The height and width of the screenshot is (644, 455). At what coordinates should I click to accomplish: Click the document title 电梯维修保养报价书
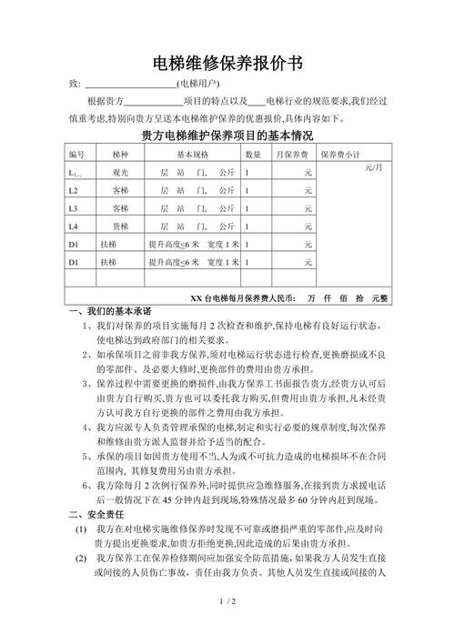(227, 63)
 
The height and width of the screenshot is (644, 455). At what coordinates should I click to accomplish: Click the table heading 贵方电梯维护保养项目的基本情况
(227, 136)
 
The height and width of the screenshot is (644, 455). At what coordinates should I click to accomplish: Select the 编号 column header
(76, 155)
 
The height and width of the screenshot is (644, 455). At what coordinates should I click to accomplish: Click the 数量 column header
(254, 155)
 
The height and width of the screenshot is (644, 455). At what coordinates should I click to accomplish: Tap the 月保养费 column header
(292, 155)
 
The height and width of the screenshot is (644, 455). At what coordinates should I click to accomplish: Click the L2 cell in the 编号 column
(74, 190)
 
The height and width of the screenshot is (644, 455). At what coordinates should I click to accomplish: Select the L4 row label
(74, 225)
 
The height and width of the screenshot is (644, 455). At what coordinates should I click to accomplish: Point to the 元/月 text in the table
(374, 169)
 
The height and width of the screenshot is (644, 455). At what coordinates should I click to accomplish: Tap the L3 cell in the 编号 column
(74, 207)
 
